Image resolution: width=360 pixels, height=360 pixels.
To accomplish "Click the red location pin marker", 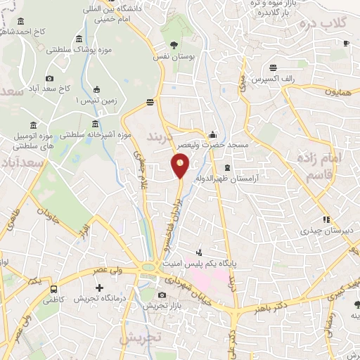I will tap(180, 166).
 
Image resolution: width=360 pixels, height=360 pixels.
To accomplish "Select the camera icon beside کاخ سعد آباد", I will tap(49, 79).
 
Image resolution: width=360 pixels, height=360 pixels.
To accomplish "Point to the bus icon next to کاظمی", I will tap(54, 290).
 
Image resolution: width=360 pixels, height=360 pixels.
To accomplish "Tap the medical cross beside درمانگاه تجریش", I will tap(99, 288).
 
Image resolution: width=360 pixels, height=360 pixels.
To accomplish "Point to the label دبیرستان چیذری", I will tap(326, 230).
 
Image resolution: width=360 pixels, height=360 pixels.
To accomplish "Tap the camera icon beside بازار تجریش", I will tap(162, 295).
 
